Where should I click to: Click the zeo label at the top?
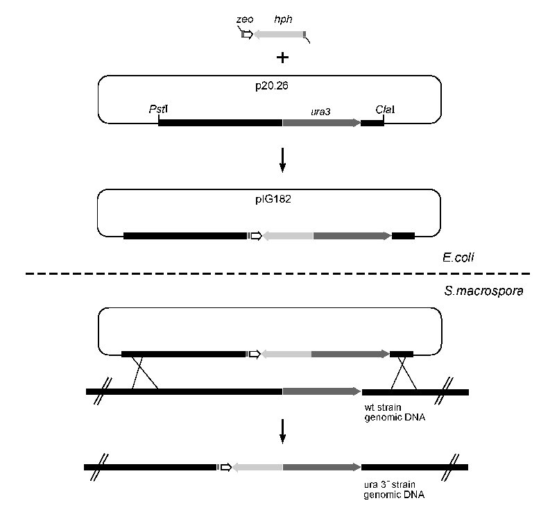pos(245,19)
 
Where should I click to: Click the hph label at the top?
pos(283,19)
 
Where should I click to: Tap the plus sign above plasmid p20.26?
pos(282,58)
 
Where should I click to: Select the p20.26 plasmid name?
pos(271,85)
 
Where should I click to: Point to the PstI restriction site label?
pos(158,109)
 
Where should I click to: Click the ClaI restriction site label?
pos(385,110)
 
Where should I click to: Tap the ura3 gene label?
pos(320,112)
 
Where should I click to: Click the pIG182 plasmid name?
pos(273,199)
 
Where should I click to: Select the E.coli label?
pos(458,257)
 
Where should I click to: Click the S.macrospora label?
pos(483,291)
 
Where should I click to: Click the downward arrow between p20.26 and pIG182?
pos(282,160)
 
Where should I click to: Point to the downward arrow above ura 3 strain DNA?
pos(282,432)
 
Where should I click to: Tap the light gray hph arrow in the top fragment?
pos(278,35)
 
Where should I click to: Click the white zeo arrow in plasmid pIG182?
pos(257,236)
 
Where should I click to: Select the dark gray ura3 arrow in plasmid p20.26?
pos(322,123)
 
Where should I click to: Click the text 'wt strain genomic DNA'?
pos(395,412)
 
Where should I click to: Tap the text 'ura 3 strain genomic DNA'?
pos(394,490)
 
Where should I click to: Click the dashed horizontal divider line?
pos(277,273)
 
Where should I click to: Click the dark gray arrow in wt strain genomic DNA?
pos(322,392)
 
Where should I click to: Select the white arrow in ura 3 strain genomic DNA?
pos(226,467)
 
